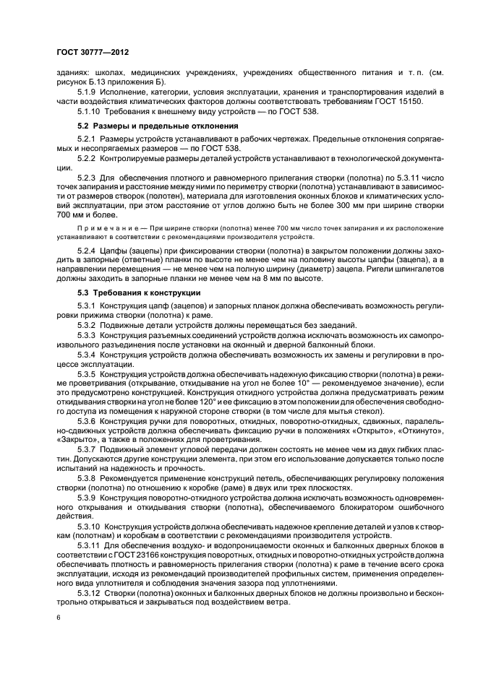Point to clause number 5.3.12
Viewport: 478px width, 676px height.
tap(91, 591)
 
